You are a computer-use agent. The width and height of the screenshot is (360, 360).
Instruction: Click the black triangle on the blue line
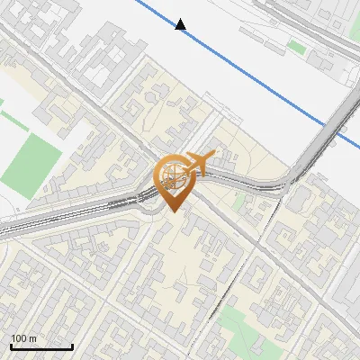pyautogui.click(x=181, y=24)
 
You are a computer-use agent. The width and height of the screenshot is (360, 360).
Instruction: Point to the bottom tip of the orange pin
pyautogui.click(x=172, y=211)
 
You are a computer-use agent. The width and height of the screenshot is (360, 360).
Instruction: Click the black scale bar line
pyautogui.click(x=41, y=346)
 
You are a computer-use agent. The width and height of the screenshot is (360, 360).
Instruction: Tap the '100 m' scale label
pyautogui.click(x=24, y=337)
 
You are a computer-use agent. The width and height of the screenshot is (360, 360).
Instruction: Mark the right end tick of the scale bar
pyautogui.click(x=72, y=345)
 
